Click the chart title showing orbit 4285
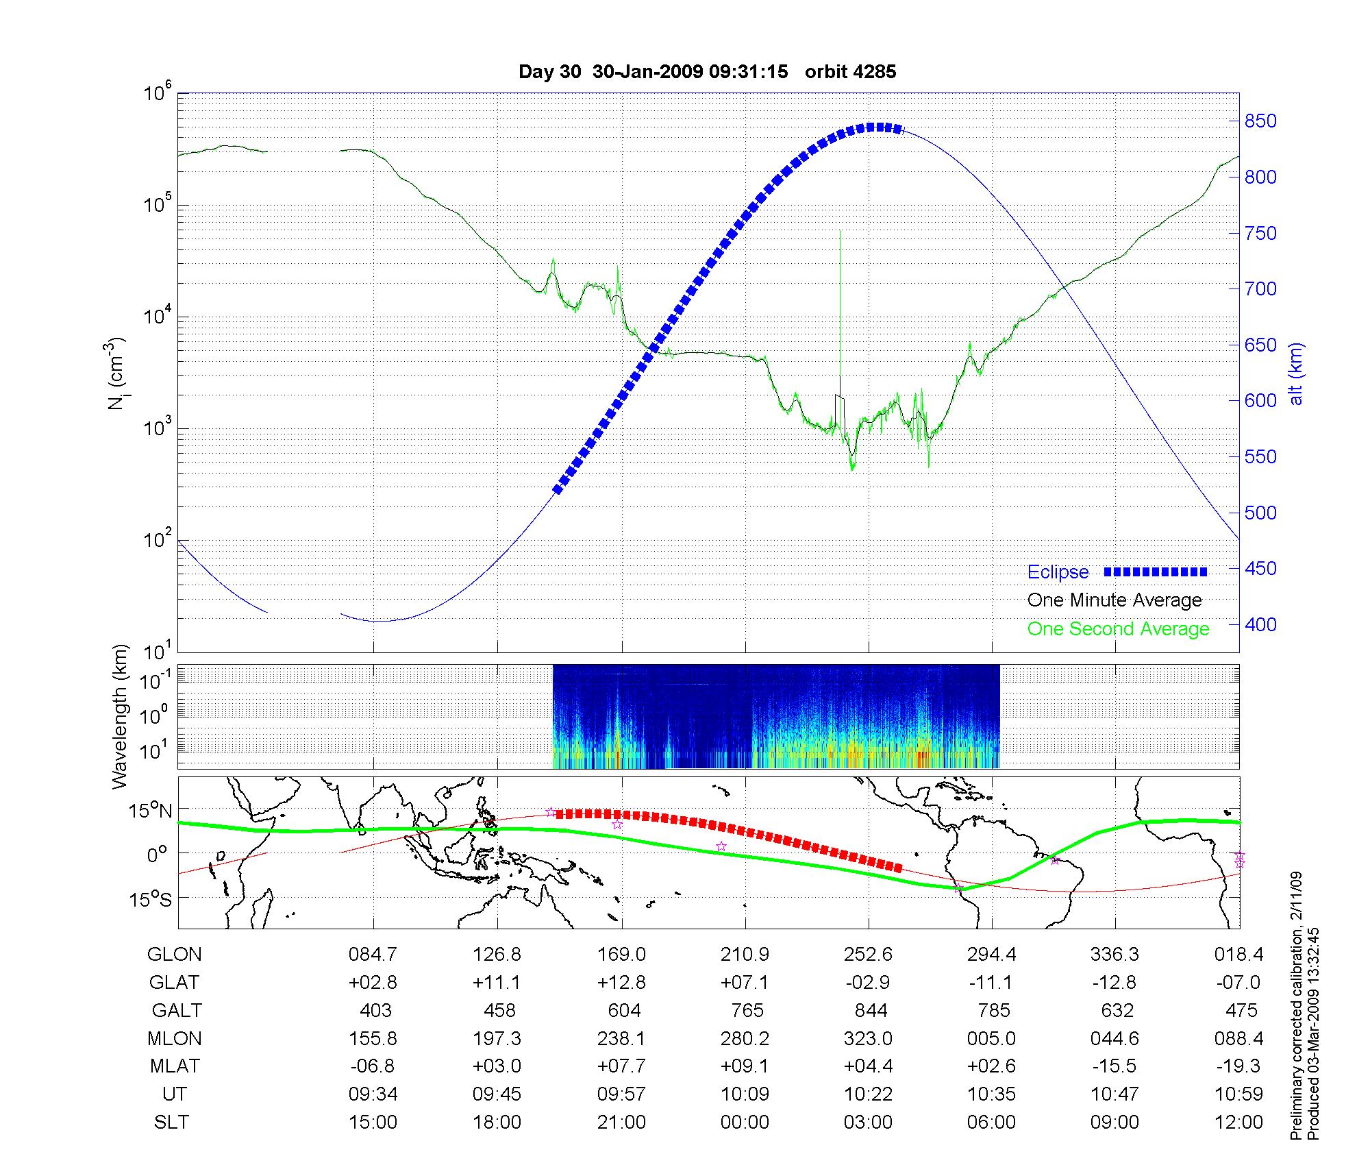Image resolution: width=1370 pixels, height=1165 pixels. [707, 72]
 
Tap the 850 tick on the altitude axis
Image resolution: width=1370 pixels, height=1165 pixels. [1261, 121]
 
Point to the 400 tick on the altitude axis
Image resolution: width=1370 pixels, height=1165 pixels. [1261, 624]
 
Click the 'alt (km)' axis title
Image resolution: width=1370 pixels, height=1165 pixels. [1296, 373]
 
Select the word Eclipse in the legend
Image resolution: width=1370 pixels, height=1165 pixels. [1058, 572]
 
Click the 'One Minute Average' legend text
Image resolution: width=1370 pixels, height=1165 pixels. [1114, 600]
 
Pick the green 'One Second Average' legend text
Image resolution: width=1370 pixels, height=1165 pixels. [1118, 629]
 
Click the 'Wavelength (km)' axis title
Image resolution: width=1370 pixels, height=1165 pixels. [120, 716]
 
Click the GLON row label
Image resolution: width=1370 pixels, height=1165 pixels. [175, 955]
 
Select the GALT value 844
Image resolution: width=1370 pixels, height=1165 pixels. [871, 1011]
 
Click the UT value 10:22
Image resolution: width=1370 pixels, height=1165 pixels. [868, 1094]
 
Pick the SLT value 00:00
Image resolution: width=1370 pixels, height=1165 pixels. [745, 1123]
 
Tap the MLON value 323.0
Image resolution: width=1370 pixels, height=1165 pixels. [868, 1039]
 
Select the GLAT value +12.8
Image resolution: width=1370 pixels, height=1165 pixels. [621, 983]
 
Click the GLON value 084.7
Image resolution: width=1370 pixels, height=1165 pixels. [373, 955]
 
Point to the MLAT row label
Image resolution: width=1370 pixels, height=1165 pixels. [175, 1066]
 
